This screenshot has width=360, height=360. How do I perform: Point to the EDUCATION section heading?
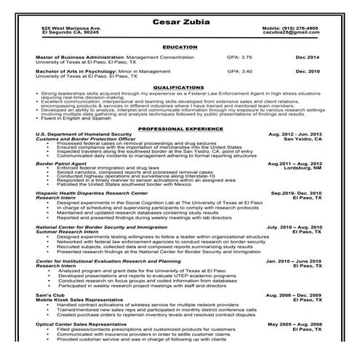point(180,47)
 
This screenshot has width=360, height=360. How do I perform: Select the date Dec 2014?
point(307,57)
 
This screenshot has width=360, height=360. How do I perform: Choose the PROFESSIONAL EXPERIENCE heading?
point(180,128)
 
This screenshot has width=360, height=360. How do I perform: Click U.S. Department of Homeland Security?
point(84,135)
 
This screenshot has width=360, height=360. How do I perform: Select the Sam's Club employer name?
point(48,295)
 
